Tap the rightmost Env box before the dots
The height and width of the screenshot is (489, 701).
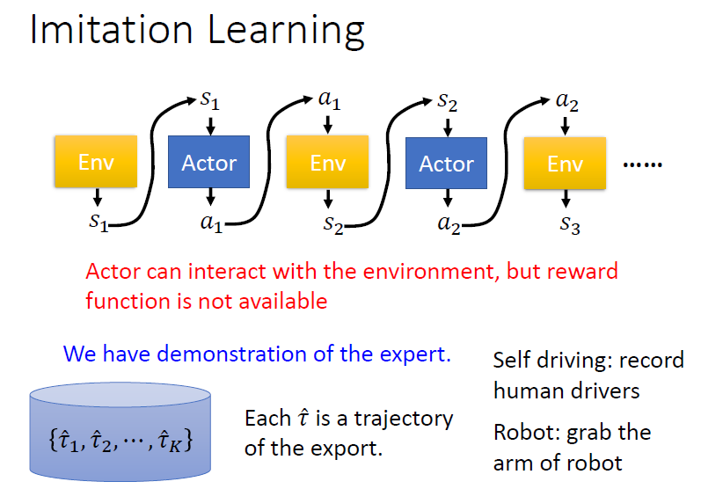[565, 164]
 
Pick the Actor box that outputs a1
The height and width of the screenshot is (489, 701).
[208, 163]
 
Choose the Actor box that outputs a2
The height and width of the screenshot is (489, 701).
[446, 164]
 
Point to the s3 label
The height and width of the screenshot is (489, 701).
[569, 227]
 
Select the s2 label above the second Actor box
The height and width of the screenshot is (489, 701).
[448, 100]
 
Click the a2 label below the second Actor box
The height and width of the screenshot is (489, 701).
[449, 225]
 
